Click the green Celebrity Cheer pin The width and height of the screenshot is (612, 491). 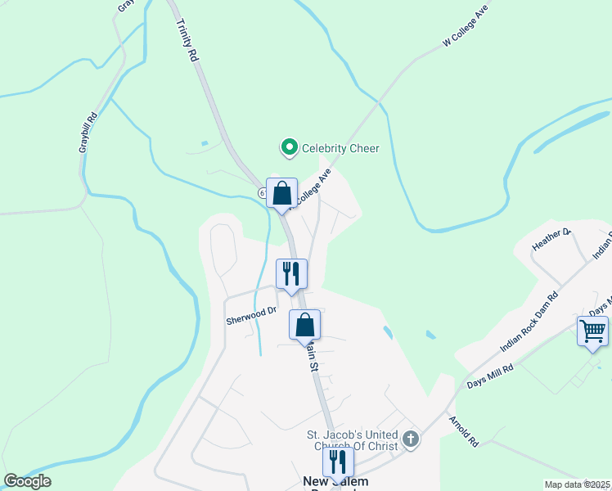tap(289, 148)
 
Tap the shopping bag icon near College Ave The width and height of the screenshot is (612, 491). tap(281, 195)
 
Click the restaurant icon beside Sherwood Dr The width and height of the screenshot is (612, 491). tap(291, 275)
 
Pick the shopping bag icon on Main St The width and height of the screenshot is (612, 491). tap(304, 325)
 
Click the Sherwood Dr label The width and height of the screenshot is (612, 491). tap(251, 316)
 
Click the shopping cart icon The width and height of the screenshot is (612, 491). tap(592, 331)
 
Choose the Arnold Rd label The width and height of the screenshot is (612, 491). tap(462, 430)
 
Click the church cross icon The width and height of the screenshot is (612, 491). tap(411, 440)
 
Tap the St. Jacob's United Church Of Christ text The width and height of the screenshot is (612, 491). tap(352, 440)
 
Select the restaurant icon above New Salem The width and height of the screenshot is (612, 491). tap(336, 462)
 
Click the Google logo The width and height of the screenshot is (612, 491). tap(27, 481)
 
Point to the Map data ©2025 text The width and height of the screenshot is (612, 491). tap(578, 484)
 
